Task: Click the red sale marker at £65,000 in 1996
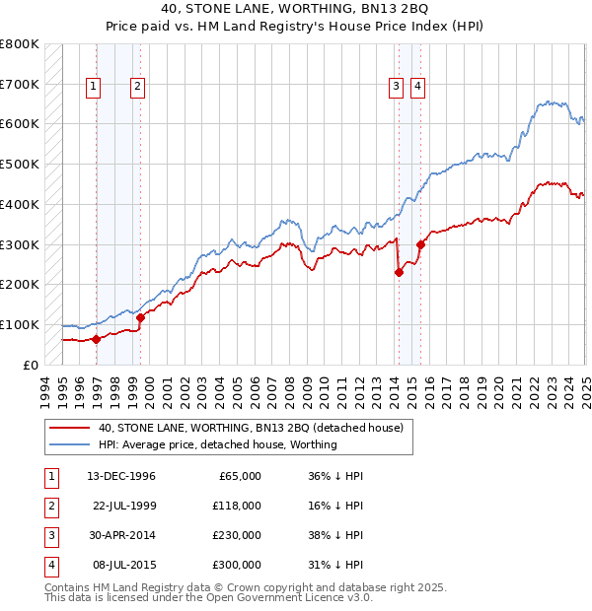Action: point(96,338)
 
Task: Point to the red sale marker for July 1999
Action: point(140,317)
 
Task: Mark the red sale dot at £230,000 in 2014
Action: point(399,273)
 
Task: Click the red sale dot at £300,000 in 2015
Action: point(420,244)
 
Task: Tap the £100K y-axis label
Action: point(20,324)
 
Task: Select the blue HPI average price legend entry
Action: point(217,444)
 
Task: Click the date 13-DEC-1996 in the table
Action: point(121,476)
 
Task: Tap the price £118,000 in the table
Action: point(237,506)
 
